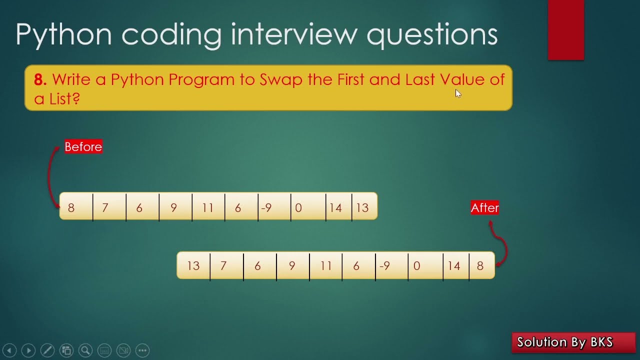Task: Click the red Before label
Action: point(83,146)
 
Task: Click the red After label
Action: point(484,208)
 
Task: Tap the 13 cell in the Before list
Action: point(363,207)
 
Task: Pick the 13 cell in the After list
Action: point(193,266)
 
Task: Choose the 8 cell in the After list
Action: point(480,266)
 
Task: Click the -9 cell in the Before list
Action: point(266,207)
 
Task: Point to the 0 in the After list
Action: point(417,266)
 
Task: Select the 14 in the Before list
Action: point(336,207)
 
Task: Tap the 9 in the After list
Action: point(292,266)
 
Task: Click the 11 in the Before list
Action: point(208,207)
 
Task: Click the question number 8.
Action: point(40,79)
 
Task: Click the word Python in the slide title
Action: point(64,35)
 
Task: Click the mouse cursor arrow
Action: point(458,93)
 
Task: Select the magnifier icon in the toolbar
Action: point(85,350)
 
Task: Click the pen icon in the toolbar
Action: point(47,350)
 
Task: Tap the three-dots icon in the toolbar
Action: point(142,350)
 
